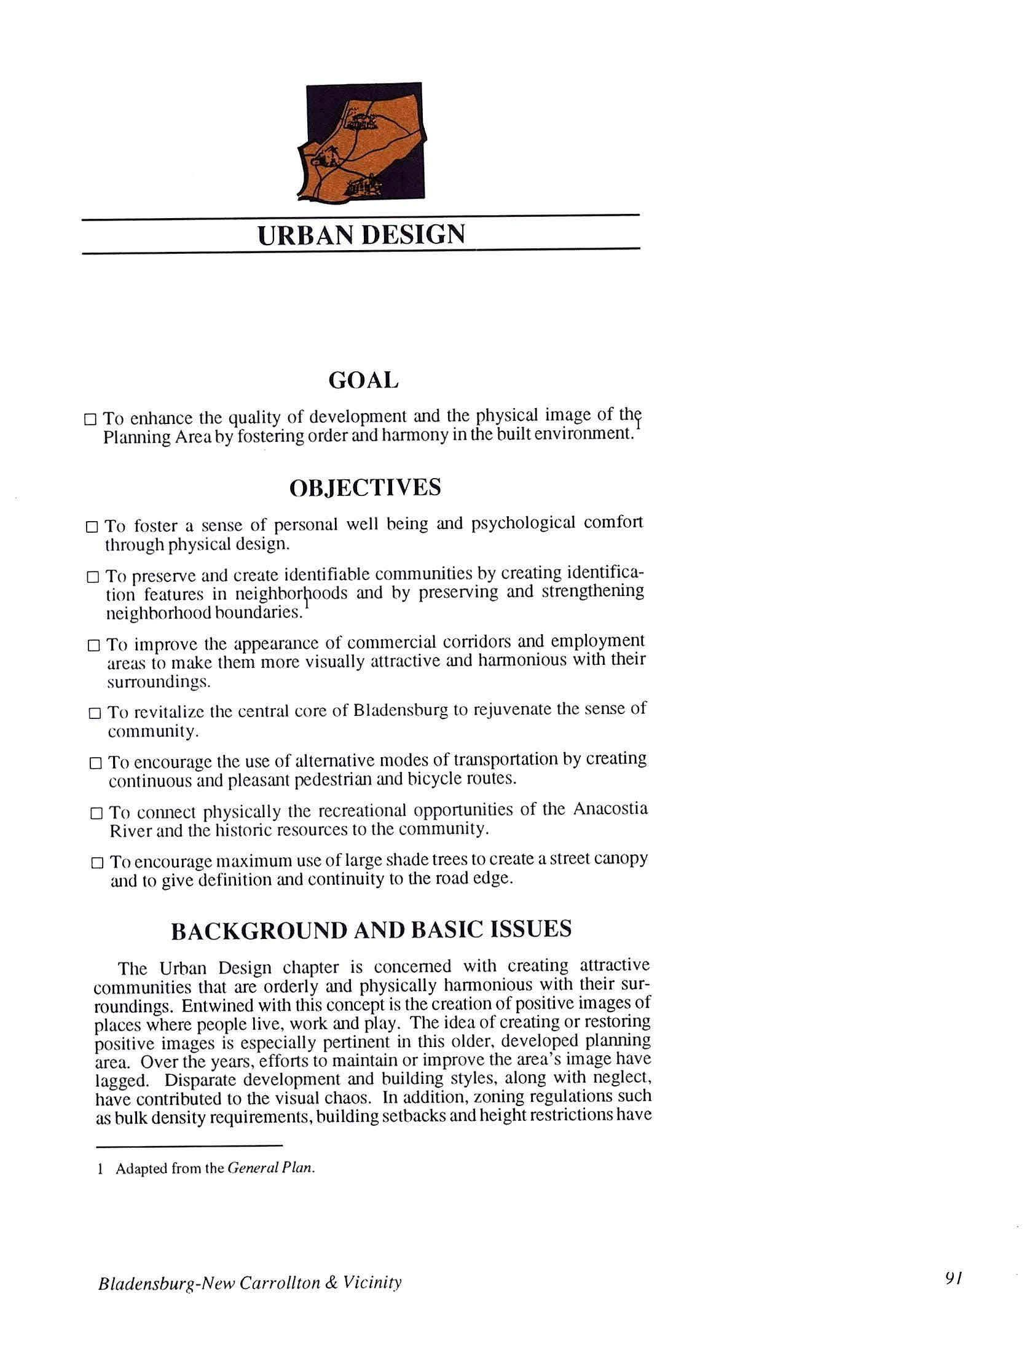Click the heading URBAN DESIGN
361,235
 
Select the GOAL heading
363,381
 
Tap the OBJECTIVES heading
365,488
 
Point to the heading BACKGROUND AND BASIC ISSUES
371,930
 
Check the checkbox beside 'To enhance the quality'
90,420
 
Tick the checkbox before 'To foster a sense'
92,527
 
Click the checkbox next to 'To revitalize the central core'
95,713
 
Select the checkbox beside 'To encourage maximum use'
97,863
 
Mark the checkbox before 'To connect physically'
96,814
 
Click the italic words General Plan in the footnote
270,1168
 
